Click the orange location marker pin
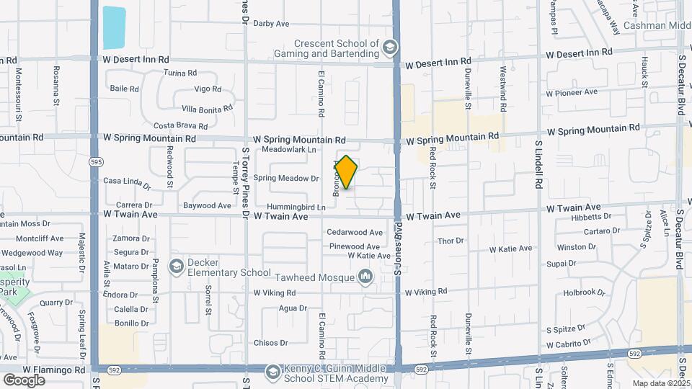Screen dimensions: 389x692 346,172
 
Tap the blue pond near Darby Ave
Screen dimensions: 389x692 114,28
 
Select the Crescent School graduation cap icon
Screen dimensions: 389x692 390,48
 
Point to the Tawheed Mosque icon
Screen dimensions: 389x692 365,277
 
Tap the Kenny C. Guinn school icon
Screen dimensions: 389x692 272,372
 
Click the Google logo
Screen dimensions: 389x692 24,380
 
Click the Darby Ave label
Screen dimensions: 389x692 271,24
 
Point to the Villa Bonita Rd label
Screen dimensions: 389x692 207,109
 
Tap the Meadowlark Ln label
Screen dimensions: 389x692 289,150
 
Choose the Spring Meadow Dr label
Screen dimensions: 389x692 286,178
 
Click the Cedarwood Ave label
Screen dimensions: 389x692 355,232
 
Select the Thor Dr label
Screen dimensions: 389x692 451,241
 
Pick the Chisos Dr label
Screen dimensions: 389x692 270,343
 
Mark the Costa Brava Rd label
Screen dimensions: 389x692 177,125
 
